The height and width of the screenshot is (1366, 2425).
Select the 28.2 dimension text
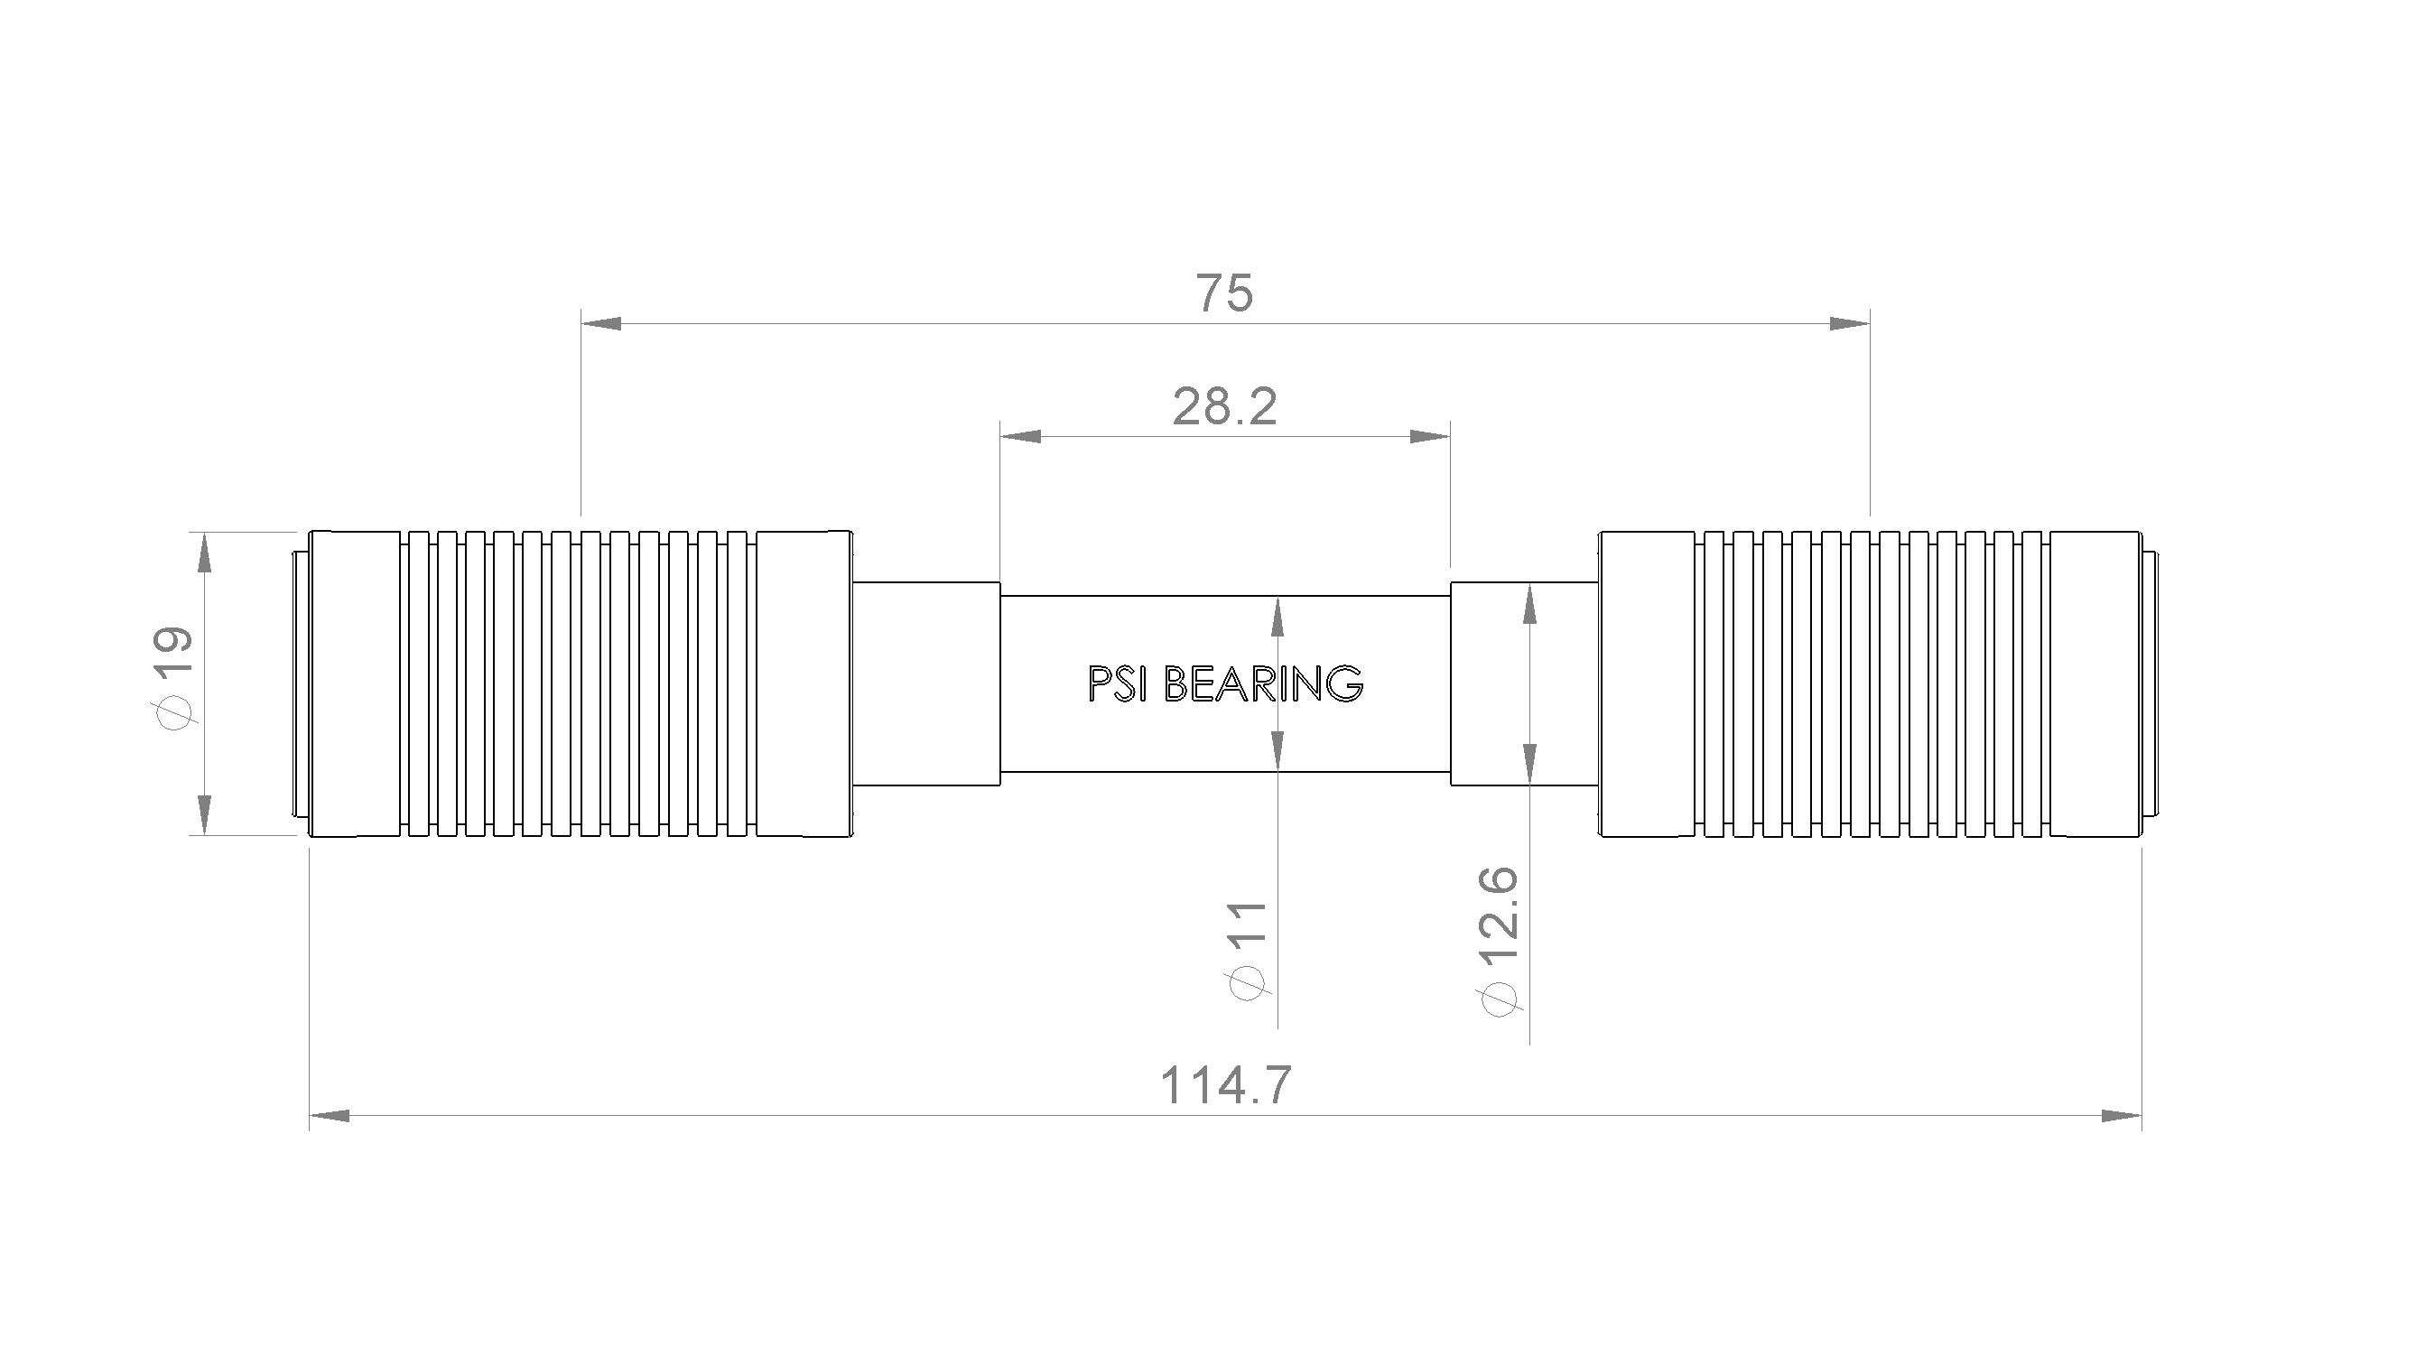[1224, 406]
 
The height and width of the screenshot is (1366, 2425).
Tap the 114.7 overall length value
[1225, 1084]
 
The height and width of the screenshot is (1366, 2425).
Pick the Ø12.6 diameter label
[1500, 941]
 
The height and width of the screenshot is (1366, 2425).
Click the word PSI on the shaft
[1117, 683]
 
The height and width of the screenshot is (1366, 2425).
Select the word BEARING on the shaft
[1262, 683]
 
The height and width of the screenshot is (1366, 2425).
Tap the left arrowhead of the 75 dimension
[601, 324]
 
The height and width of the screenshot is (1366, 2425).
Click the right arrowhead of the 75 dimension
[1849, 324]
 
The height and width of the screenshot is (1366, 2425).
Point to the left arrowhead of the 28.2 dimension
[1020, 437]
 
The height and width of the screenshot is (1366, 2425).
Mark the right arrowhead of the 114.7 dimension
[2121, 1116]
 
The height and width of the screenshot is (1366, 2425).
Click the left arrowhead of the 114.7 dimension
[330, 1116]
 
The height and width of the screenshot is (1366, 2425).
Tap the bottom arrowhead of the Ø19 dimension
[204, 814]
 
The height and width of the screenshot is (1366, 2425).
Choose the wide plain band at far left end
[355, 683]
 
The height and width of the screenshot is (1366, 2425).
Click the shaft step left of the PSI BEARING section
[926, 683]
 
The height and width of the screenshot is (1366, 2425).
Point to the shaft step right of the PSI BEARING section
[1524, 683]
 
